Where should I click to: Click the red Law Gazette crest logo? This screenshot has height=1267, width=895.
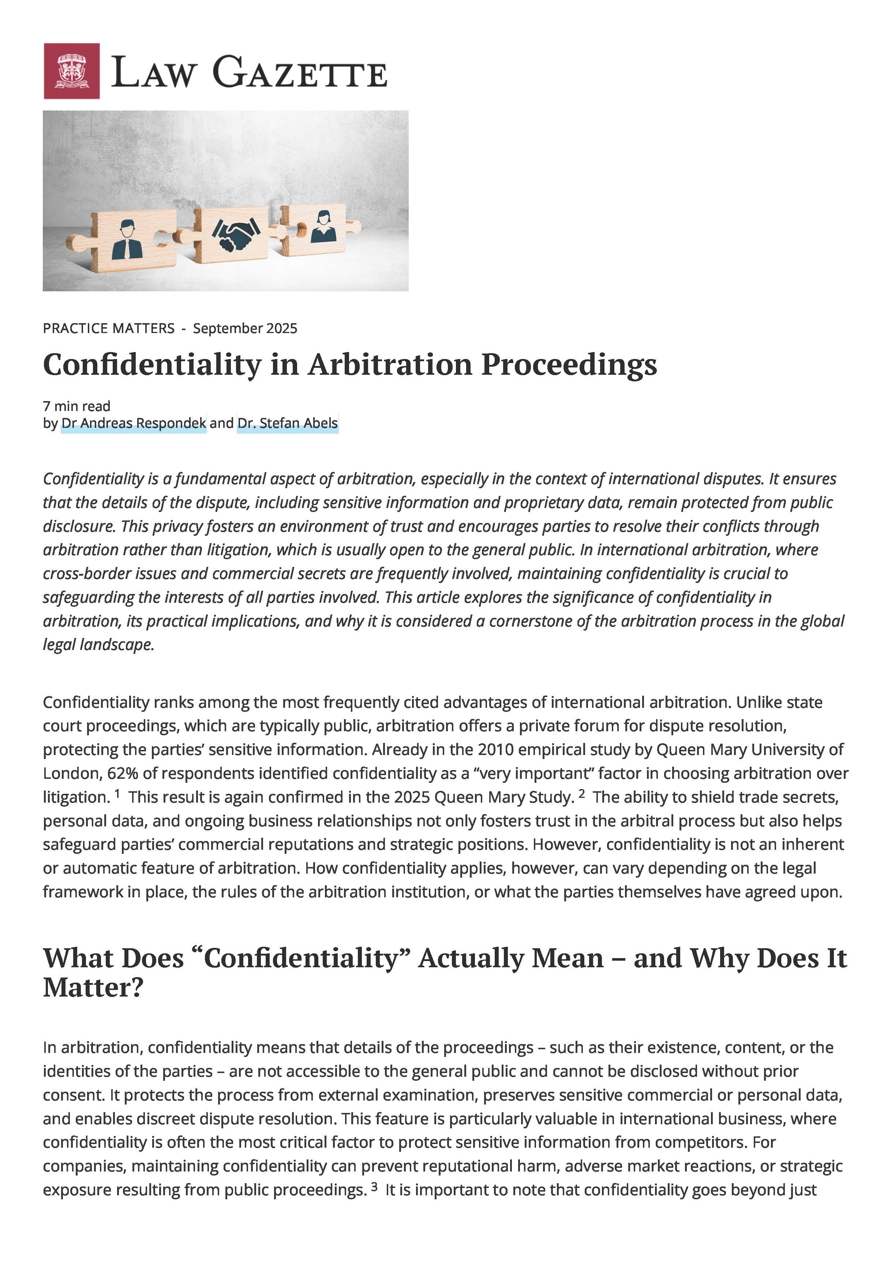[x=72, y=71]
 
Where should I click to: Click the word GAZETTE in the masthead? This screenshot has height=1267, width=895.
[x=300, y=72]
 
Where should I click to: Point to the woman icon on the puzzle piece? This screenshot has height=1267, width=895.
[x=323, y=226]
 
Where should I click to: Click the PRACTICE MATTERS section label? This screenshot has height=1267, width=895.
[x=109, y=328]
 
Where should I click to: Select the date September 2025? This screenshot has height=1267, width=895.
[x=245, y=328]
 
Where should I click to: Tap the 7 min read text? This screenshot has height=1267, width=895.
[x=77, y=406]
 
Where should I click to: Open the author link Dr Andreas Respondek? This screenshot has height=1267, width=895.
[x=134, y=423]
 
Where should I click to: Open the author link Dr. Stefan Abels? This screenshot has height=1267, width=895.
[x=288, y=423]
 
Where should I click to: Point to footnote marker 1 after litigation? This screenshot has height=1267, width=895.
[x=117, y=793]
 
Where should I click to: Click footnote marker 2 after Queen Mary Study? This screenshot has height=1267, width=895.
[x=581, y=793]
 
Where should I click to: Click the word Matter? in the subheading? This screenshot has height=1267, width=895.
[x=93, y=988]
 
